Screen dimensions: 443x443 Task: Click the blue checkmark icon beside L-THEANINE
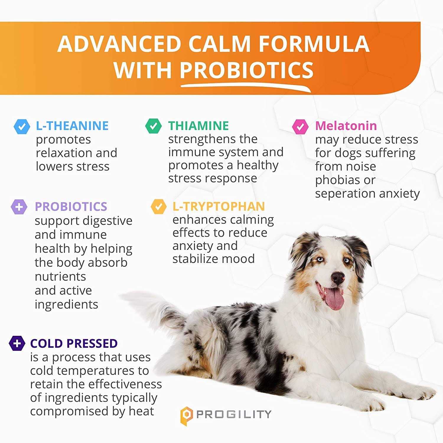pyautogui.click(x=22, y=126)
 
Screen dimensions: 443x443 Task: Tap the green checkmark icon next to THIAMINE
pyautogui.click(x=153, y=126)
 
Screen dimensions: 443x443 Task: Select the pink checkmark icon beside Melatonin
pyautogui.click(x=300, y=127)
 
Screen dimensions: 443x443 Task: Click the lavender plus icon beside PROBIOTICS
pyautogui.click(x=19, y=207)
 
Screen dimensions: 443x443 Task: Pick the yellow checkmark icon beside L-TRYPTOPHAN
pyautogui.click(x=159, y=206)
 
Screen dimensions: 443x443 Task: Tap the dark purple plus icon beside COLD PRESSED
pyautogui.click(x=17, y=343)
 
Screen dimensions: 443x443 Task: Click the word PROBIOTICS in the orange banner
pyautogui.click(x=247, y=70)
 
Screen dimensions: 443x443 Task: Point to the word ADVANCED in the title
pyautogui.click(x=119, y=44)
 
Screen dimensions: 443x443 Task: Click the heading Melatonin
pyautogui.click(x=346, y=126)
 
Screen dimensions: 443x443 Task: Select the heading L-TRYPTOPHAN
pyautogui.click(x=219, y=206)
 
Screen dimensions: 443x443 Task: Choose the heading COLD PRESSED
pyautogui.click(x=74, y=343)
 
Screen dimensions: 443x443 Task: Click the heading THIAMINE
pyautogui.click(x=198, y=126)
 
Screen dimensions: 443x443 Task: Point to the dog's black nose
pyautogui.click(x=338, y=277)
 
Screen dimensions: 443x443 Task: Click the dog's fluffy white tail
pyautogui.click(x=148, y=304)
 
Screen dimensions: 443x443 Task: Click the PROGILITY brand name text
pyautogui.click(x=234, y=414)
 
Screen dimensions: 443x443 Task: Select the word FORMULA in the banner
pyautogui.click(x=314, y=44)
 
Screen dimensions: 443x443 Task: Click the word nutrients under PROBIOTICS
pyautogui.click(x=60, y=277)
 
